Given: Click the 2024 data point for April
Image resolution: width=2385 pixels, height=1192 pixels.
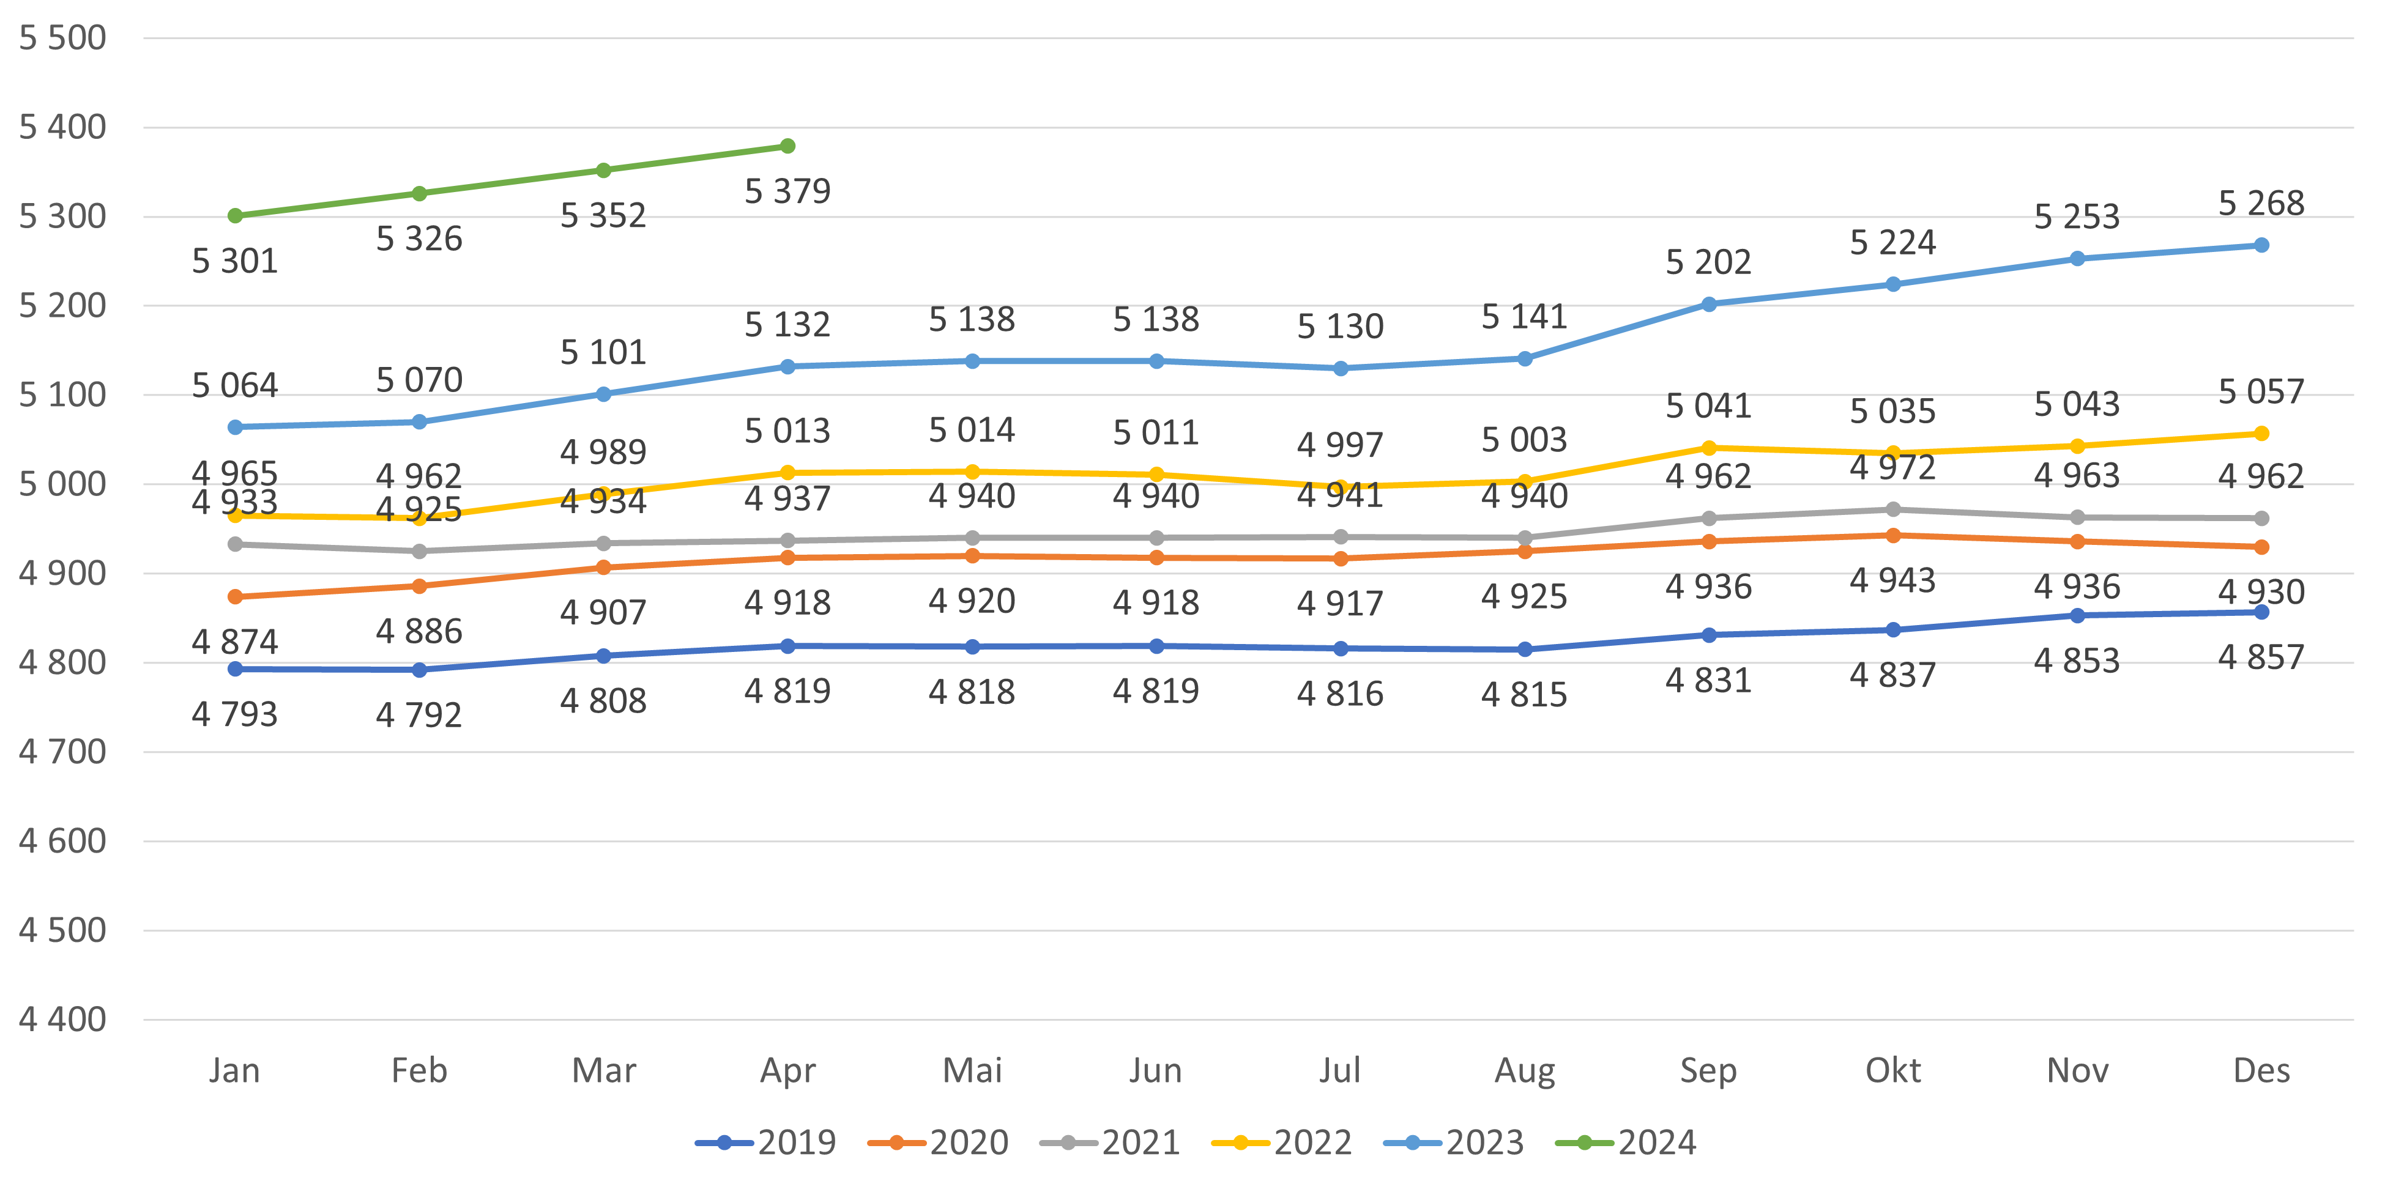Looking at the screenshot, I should point(787,146).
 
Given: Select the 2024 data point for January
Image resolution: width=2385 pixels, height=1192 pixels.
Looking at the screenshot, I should point(235,216).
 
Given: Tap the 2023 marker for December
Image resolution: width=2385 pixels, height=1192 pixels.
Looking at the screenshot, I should point(2261,245).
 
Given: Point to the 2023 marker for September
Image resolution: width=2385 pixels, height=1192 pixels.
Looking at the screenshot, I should point(1708,305).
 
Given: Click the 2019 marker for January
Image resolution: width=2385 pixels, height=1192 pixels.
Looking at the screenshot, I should point(235,669).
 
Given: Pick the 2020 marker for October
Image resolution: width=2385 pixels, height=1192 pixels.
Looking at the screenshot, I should point(1892,536).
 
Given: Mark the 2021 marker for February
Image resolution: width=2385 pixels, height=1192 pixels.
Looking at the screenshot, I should point(419,552).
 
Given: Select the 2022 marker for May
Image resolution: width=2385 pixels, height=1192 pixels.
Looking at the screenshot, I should point(972,472).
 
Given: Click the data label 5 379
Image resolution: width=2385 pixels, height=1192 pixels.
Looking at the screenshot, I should point(787,191).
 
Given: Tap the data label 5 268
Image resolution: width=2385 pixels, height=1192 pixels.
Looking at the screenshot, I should point(2261,202).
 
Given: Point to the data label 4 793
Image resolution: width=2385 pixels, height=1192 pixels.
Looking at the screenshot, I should point(235,714).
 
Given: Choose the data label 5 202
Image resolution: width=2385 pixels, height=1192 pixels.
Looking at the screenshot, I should point(1708,263).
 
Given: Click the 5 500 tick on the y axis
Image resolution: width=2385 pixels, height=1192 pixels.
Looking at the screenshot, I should point(63,38).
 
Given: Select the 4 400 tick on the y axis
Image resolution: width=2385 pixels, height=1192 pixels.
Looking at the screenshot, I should point(63,1020).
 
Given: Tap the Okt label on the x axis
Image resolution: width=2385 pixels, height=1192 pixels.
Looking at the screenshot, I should point(1892,1071).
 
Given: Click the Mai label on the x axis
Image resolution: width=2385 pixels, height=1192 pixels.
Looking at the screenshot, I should point(972,1071).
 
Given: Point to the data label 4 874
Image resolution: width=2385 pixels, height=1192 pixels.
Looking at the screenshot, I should point(235,642).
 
